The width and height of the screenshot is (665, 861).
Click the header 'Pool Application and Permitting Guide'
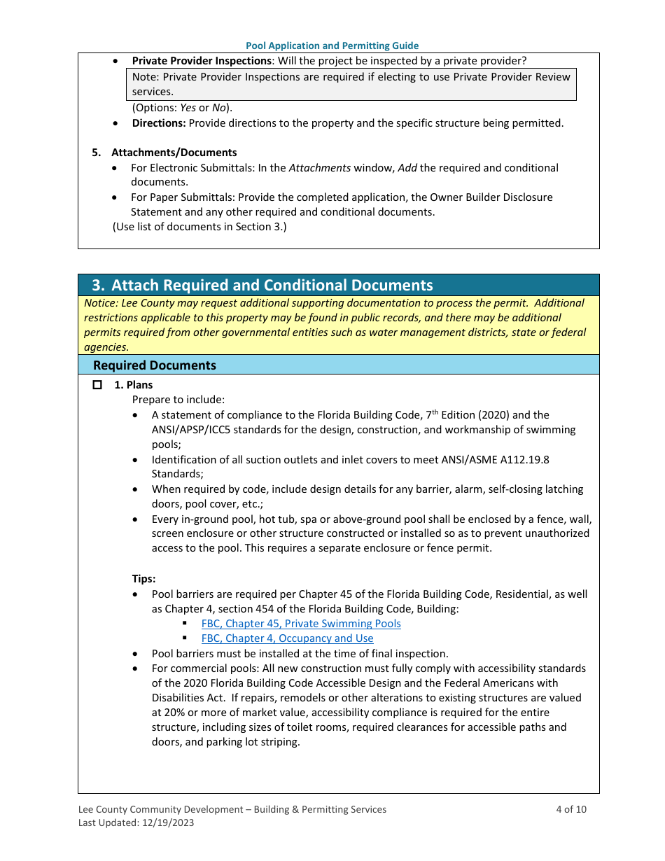click(332, 45)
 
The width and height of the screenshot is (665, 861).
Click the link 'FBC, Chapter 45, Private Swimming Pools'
click(301, 623)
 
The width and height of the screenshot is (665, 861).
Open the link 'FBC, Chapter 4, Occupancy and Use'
click(287, 638)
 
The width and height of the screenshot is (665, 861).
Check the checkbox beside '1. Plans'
click(97, 385)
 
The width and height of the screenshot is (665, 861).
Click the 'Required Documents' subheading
click(155, 365)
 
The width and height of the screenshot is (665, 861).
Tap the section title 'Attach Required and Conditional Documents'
click(272, 285)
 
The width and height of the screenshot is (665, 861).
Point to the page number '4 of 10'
click(571, 809)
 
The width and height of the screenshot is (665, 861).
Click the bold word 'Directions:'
click(159, 123)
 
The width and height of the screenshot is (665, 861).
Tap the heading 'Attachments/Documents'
click(174, 153)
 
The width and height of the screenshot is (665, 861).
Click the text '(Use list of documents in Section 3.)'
click(199, 227)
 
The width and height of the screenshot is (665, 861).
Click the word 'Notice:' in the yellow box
click(101, 303)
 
